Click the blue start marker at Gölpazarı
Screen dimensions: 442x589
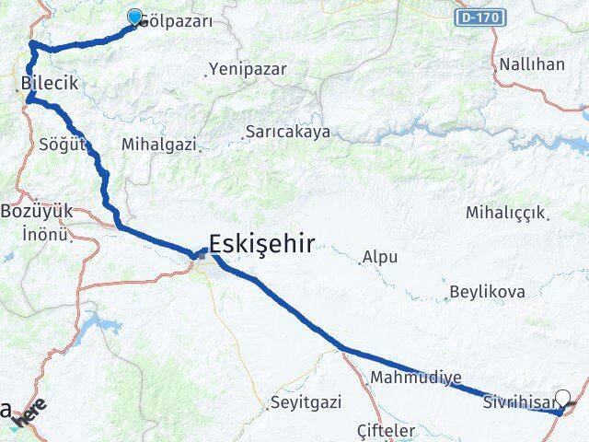[135, 17]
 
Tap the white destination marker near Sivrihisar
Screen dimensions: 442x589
[563, 400]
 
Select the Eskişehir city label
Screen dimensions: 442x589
[262, 244]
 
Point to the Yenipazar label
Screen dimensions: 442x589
[248, 69]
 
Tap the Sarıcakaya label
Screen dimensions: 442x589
[287, 133]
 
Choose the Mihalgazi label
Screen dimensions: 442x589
[160, 145]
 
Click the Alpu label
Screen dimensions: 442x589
[380, 257]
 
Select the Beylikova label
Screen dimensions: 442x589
[487, 293]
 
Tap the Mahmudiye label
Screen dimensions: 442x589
[415, 378]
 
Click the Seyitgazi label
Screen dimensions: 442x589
[306, 402]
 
